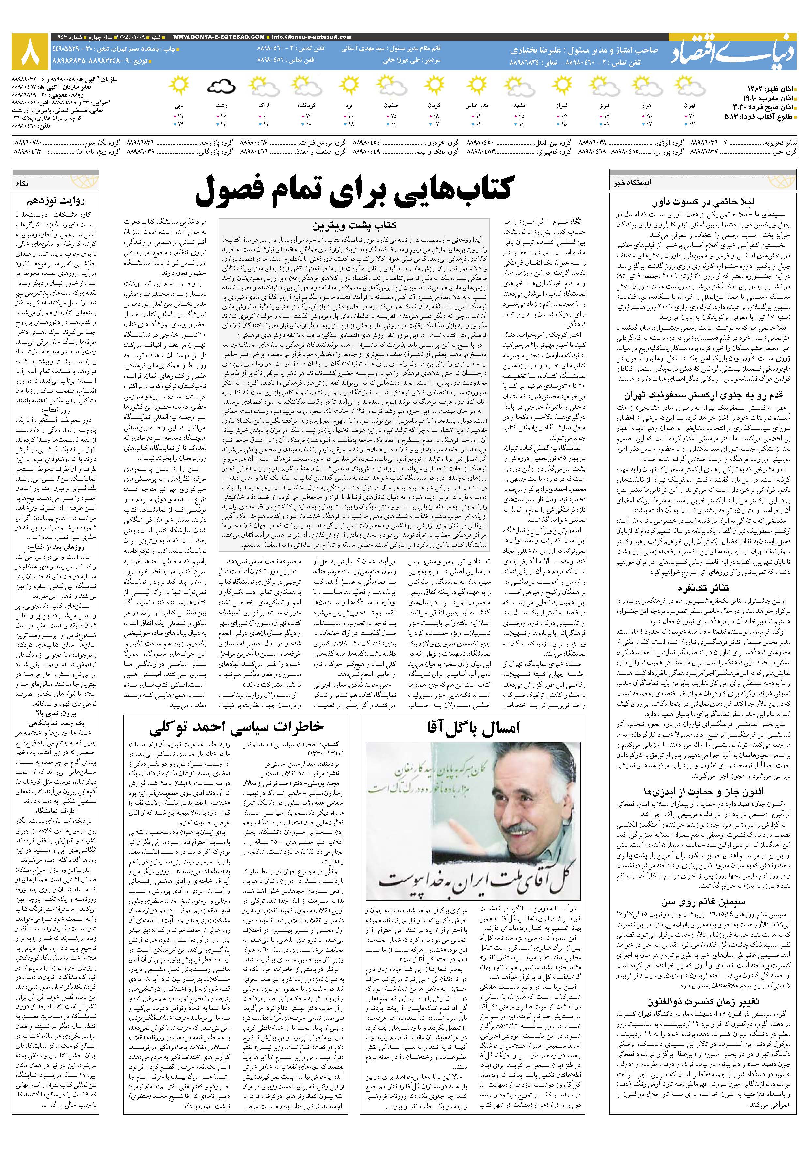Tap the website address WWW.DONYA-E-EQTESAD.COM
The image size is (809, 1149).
pos(219,37)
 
